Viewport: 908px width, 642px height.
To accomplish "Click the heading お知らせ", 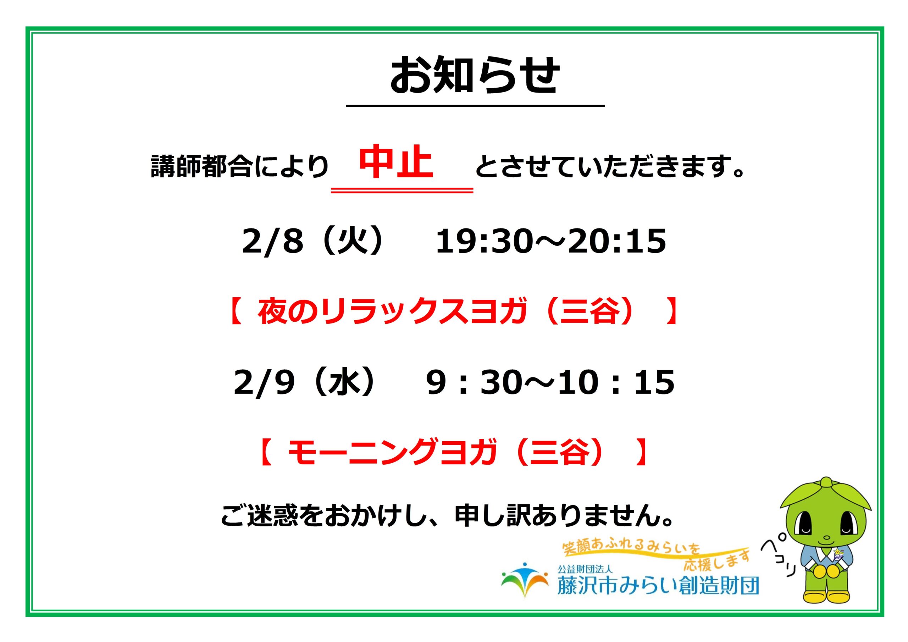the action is (x=475, y=75).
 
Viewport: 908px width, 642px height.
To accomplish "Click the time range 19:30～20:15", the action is (x=551, y=241).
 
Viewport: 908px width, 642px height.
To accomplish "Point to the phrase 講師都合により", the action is (x=240, y=166).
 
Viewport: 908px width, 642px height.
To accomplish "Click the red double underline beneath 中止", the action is (x=402, y=191).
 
